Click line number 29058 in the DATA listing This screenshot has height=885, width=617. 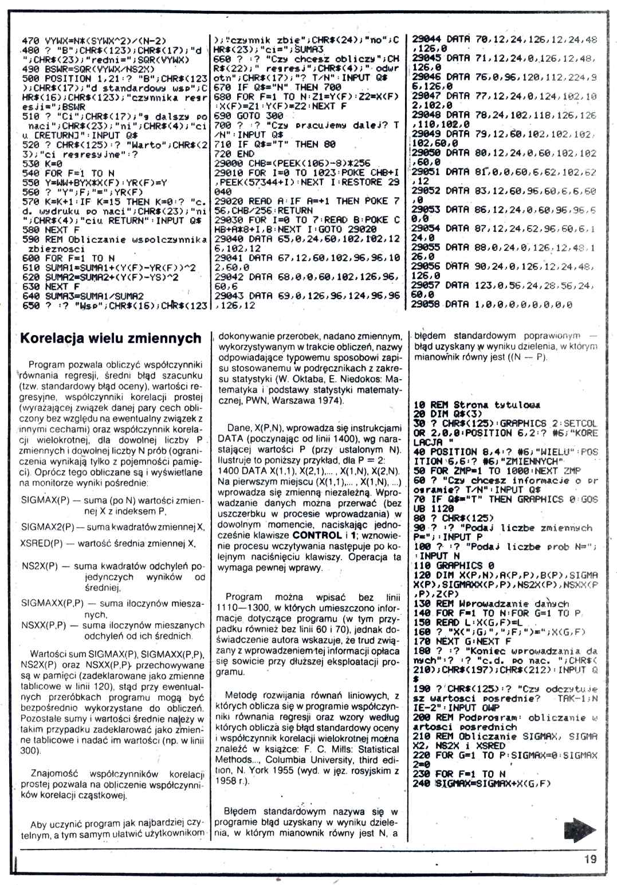[426, 304]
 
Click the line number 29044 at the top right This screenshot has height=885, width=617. [426, 40]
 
